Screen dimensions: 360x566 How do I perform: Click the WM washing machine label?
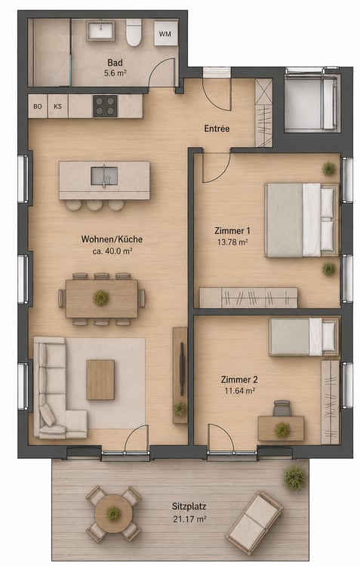click(x=165, y=34)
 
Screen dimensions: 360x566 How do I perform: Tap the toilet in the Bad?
click(x=134, y=32)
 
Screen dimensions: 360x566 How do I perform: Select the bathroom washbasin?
click(x=101, y=30)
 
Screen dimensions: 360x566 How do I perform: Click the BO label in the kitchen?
click(x=38, y=106)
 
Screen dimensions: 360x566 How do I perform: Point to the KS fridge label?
click(x=58, y=106)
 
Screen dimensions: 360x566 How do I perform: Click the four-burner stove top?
click(x=106, y=106)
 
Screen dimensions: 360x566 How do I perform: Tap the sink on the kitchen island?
click(x=104, y=176)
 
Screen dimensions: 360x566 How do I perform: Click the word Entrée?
click(x=217, y=128)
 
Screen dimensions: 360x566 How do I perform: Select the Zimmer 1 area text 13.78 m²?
click(x=232, y=242)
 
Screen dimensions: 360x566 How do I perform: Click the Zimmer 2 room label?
click(x=239, y=380)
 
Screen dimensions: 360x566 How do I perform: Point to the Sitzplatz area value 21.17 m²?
click(x=189, y=519)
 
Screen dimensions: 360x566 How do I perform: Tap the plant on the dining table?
click(x=101, y=298)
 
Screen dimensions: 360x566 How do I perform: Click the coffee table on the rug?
click(x=100, y=380)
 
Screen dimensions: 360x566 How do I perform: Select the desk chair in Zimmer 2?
click(x=282, y=408)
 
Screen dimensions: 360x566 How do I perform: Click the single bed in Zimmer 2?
click(x=304, y=337)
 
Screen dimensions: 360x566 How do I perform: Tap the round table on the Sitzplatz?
click(x=114, y=512)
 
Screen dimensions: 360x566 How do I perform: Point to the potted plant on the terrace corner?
click(x=295, y=478)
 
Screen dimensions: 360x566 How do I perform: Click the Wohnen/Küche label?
click(x=112, y=239)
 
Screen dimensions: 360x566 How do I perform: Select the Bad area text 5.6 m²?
click(x=115, y=73)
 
